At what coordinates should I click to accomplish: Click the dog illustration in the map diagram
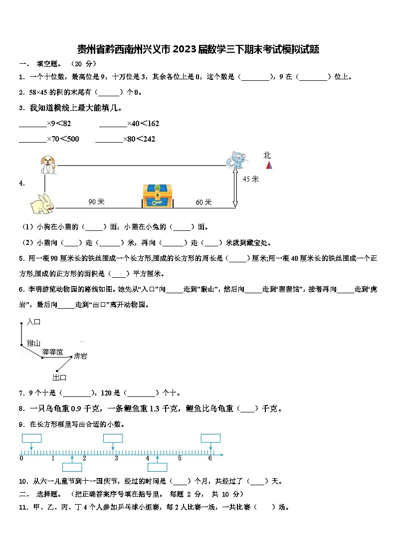coord(48,165)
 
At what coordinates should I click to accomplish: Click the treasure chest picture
coord(157,196)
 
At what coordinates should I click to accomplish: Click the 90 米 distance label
coord(96,202)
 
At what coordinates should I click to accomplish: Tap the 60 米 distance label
coord(203,202)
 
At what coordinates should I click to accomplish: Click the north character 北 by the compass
coord(267,156)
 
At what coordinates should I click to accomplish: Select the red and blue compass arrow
coord(268,165)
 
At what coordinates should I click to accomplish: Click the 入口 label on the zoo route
coord(34,322)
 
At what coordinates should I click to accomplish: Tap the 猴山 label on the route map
coord(33,343)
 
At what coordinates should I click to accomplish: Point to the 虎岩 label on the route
coord(80,356)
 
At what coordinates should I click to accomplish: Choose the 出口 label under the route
coord(59,377)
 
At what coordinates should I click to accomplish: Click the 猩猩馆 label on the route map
coord(52,352)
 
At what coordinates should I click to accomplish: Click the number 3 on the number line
coord(116,458)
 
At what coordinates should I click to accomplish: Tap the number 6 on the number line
coord(210,458)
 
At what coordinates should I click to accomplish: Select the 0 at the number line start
coord(21,458)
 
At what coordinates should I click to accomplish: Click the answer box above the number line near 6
coord(210,438)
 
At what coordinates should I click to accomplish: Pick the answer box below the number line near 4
coord(158,467)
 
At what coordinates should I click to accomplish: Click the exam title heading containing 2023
coord(198,49)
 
